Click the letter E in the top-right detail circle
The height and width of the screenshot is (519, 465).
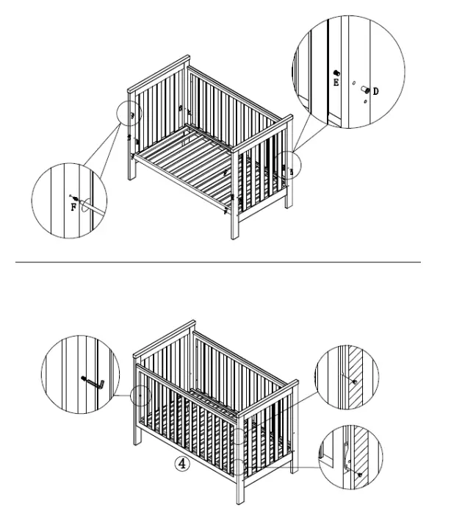[x=336, y=83]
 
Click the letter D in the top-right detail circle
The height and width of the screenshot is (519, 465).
[x=375, y=91]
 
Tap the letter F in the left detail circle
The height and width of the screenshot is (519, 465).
[x=73, y=207]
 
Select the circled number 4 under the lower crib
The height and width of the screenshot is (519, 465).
[x=181, y=462]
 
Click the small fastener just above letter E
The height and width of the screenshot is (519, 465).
[x=336, y=73]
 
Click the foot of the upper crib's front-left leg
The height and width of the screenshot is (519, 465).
[x=131, y=179]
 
